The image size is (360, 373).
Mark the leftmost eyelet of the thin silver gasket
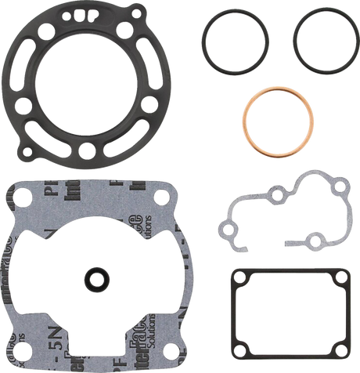[229, 230]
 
